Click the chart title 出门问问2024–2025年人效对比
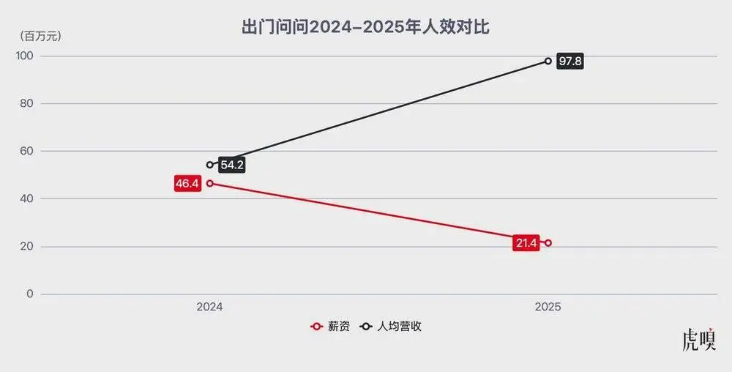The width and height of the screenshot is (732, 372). [365, 28]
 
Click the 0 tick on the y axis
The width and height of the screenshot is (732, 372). [29, 294]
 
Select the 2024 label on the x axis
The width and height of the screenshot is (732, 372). [209, 308]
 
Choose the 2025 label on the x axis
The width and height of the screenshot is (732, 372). [548, 308]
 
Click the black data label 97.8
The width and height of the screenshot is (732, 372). [569, 62]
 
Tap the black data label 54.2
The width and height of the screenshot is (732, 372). [231, 165]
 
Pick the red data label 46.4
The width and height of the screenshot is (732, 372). [187, 183]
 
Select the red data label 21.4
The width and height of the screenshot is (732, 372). [526, 243]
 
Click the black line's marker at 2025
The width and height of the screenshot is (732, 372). [548, 61]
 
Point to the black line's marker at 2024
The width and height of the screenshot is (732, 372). [210, 165]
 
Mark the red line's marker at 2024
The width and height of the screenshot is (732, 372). [210, 183]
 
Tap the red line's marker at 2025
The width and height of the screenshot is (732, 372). [548, 243]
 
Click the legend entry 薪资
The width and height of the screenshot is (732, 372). [331, 327]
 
